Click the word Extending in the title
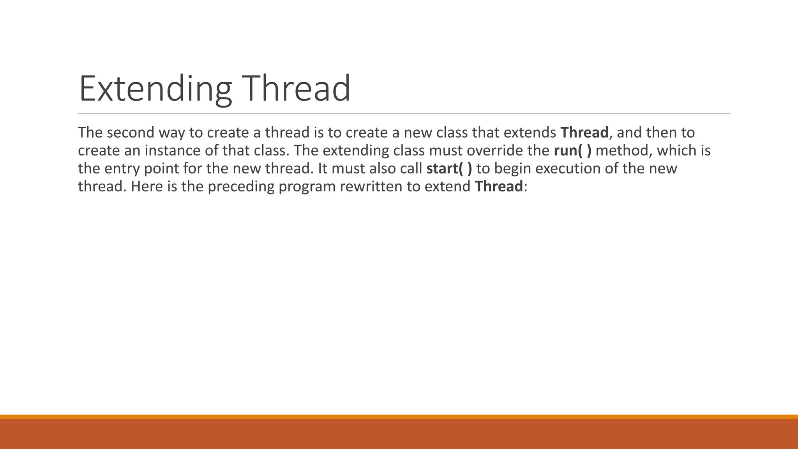pos(155,89)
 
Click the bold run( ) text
pos(572,150)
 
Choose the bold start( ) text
pos(449,168)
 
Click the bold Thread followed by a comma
pos(584,133)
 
